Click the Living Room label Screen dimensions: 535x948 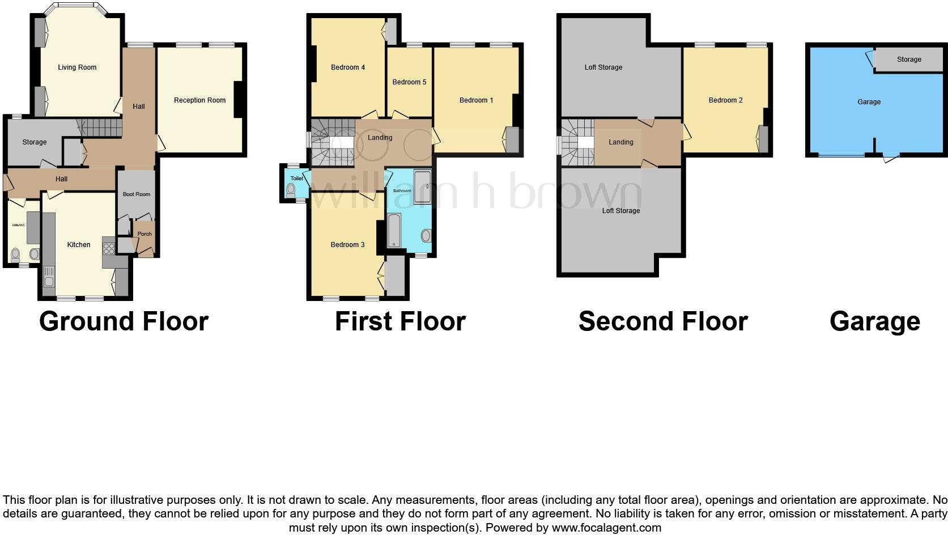(77, 67)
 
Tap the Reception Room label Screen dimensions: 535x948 (199, 100)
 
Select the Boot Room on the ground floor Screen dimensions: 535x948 (137, 194)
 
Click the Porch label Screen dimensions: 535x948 (144, 234)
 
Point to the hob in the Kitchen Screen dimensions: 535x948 (108, 248)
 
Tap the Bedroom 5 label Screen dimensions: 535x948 (409, 82)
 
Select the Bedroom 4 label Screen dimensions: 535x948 (348, 67)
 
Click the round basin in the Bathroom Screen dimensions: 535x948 (426, 235)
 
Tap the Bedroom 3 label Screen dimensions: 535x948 (348, 245)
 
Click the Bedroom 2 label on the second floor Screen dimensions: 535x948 (725, 100)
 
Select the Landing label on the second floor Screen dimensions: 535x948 (621, 142)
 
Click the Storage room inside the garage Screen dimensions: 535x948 (909, 60)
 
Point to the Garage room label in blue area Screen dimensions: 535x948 (869, 102)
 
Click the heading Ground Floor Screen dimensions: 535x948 (124, 321)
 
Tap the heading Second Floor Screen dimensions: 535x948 (663, 321)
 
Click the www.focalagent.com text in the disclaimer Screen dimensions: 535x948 (606, 528)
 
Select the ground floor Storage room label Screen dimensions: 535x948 (35, 142)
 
